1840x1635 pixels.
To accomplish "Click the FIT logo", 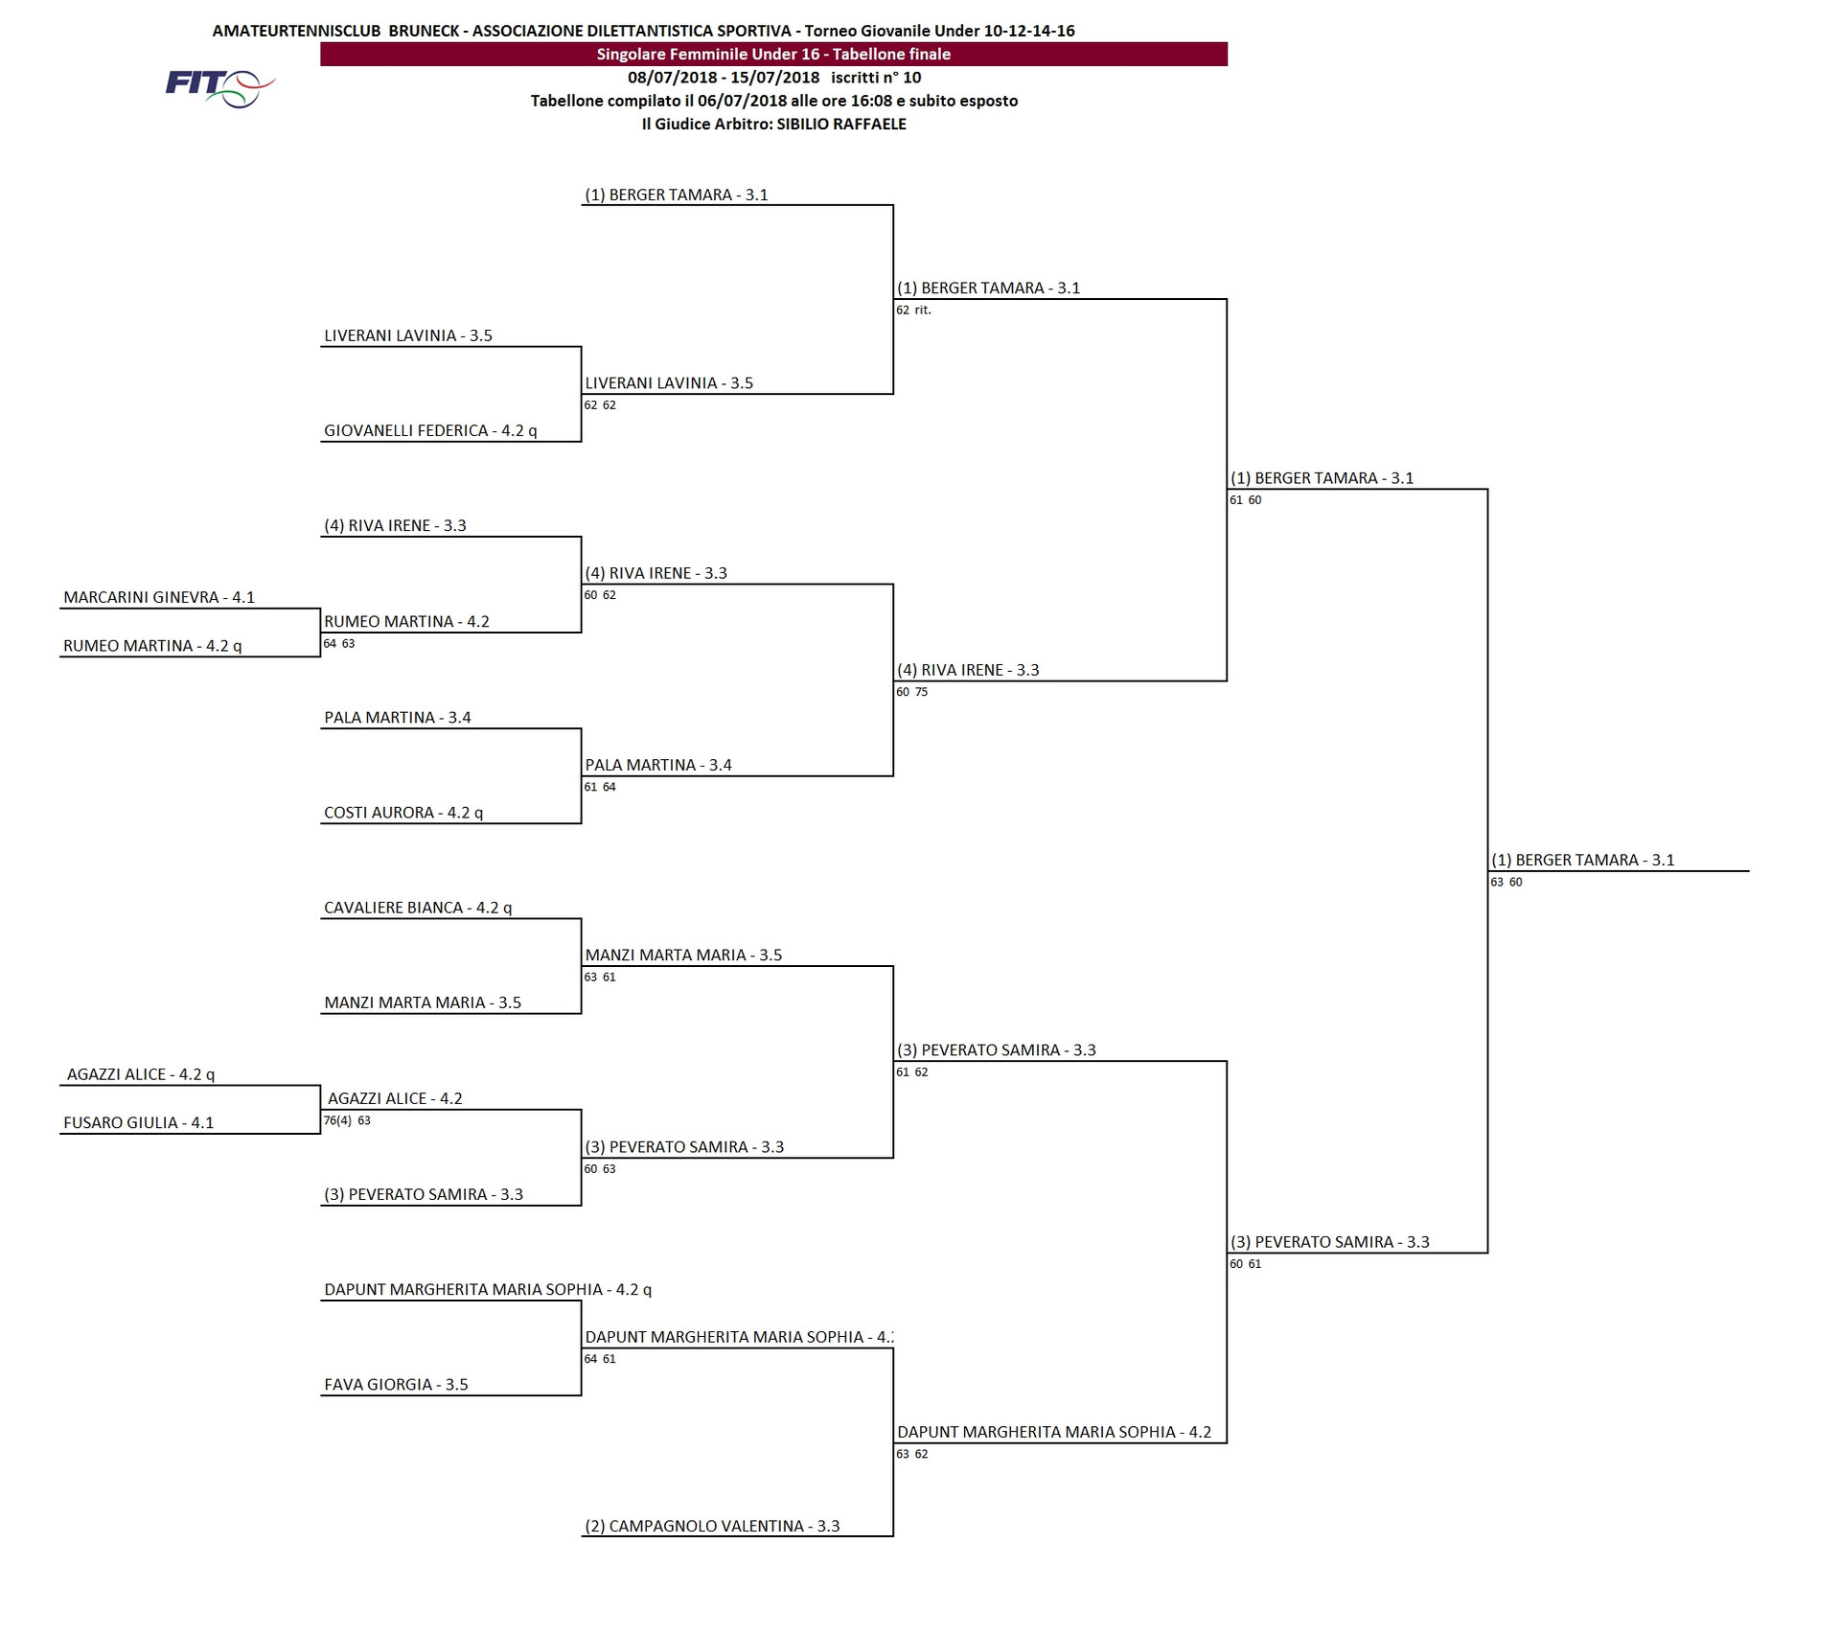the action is (220, 88).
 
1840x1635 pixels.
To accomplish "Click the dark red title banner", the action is (773, 55).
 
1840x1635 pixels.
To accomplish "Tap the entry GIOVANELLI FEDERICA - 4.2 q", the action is (430, 431).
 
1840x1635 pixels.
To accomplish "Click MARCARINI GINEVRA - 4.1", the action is (159, 598).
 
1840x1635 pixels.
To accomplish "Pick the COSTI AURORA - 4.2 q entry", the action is (403, 813).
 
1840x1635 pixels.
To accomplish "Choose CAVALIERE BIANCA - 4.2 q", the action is (418, 908).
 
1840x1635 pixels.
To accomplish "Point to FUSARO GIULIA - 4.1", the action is (139, 1123).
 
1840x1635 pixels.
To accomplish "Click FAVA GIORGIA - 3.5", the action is (396, 1385).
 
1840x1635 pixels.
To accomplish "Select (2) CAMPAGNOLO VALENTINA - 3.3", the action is (712, 1527).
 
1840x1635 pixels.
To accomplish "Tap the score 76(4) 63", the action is (347, 1120).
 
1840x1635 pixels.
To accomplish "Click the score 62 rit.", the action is (913, 311).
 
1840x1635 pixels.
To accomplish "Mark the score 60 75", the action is (911, 692).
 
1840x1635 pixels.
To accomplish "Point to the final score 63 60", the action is (1506, 883).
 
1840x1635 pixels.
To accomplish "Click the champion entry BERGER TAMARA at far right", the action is (1583, 861).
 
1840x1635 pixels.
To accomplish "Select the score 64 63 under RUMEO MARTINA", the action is (338, 644).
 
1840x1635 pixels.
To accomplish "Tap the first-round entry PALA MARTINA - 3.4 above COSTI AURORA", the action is (398, 718).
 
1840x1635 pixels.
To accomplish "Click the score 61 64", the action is (600, 788).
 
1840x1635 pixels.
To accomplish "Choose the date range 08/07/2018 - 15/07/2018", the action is (724, 78).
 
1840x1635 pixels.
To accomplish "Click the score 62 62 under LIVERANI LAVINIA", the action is (600, 405).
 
